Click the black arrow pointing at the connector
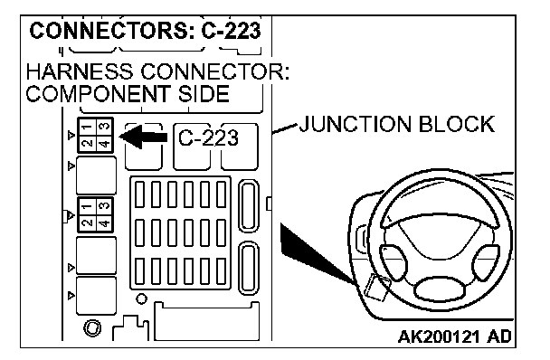(x=143, y=137)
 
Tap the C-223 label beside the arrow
(x=208, y=137)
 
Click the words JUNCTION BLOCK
(x=396, y=124)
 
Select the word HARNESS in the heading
(x=80, y=71)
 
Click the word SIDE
(x=204, y=94)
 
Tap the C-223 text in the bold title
(x=231, y=30)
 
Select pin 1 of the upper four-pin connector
(x=87, y=127)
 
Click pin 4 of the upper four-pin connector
(x=105, y=143)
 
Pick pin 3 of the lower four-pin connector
(x=105, y=205)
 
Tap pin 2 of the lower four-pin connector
(x=87, y=223)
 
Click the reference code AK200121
(x=439, y=336)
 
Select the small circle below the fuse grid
(x=141, y=299)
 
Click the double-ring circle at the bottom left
(x=92, y=328)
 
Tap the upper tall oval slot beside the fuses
(x=249, y=206)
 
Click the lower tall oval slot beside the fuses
(x=249, y=269)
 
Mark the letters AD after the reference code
(x=499, y=336)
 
